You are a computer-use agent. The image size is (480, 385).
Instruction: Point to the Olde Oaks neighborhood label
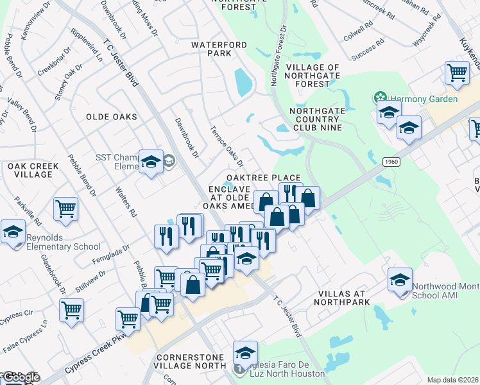click(x=112, y=117)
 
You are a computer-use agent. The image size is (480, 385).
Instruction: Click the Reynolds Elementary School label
click(x=64, y=242)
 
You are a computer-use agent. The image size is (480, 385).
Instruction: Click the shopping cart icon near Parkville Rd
click(x=66, y=209)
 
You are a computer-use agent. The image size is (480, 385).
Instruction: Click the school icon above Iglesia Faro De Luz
click(x=244, y=353)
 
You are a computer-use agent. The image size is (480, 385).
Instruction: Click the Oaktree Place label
click(x=263, y=178)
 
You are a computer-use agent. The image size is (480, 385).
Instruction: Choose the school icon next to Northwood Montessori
click(x=399, y=280)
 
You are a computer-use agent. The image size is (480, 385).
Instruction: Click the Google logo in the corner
click(x=21, y=378)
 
